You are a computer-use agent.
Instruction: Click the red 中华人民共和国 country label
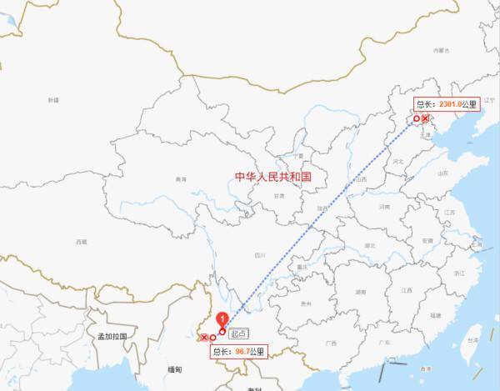[x=272, y=177]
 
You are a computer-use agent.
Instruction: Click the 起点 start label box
[x=238, y=333]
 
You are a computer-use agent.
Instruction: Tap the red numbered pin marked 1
[x=222, y=318]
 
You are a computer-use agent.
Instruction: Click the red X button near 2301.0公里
[x=426, y=119]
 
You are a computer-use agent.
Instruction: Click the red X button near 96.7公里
[x=204, y=337]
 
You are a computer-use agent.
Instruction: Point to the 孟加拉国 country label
[x=111, y=335]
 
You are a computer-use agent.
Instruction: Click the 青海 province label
[x=181, y=179]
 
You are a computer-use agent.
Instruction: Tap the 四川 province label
[x=259, y=255]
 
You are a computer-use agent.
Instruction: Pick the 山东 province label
[x=442, y=173]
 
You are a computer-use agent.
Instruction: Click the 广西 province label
[x=331, y=343]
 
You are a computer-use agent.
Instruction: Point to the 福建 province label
[x=435, y=316]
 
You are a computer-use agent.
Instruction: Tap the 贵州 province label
[x=306, y=303]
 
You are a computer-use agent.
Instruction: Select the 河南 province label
[x=384, y=206]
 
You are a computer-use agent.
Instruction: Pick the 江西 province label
[x=406, y=290]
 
